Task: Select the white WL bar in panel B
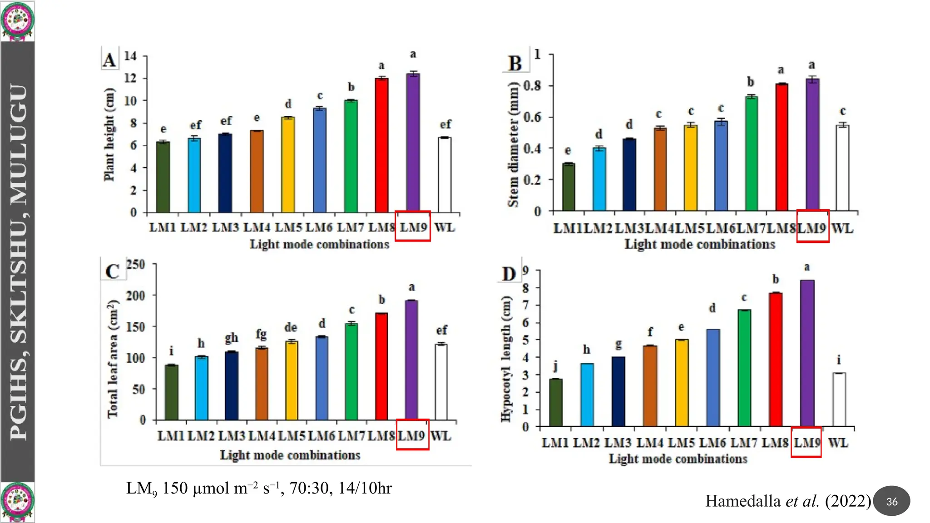click(x=842, y=168)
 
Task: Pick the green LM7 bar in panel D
click(x=744, y=368)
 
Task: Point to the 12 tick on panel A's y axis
click(x=130, y=78)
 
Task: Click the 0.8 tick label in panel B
click(x=532, y=86)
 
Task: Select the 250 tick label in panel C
click(x=135, y=265)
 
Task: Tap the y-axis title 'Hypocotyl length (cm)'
click(x=506, y=359)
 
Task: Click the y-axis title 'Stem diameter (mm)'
click(x=513, y=145)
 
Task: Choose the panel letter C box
click(x=112, y=271)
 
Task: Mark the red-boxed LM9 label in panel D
click(x=806, y=443)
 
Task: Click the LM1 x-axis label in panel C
click(x=171, y=436)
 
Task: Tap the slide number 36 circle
click(x=891, y=501)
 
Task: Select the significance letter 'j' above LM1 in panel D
click(x=555, y=366)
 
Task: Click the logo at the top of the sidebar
click(x=17, y=21)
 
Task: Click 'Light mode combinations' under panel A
click(x=319, y=245)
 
